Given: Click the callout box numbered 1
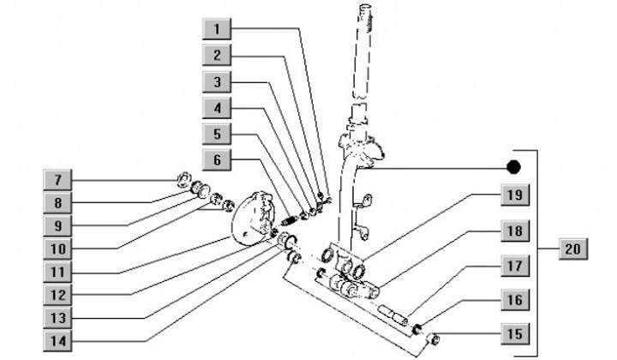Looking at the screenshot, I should (218, 29).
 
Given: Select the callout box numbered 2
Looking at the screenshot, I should (218, 56).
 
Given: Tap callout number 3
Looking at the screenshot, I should (218, 82).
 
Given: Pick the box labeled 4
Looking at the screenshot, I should (218, 109).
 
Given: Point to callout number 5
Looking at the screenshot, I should (218, 135).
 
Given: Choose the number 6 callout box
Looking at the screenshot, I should (218, 160).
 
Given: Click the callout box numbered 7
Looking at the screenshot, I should (58, 180).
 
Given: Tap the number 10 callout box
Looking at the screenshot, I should (58, 249).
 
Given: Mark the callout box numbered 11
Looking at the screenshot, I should (58, 272).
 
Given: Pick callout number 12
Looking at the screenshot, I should (58, 294).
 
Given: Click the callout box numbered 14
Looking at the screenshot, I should (58, 339).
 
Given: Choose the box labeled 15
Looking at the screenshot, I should (512, 333).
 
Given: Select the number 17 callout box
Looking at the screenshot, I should (512, 267).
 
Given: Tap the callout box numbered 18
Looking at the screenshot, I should (512, 231).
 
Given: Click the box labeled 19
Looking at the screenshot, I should (512, 195).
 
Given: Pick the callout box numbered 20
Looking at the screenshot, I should (574, 249).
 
